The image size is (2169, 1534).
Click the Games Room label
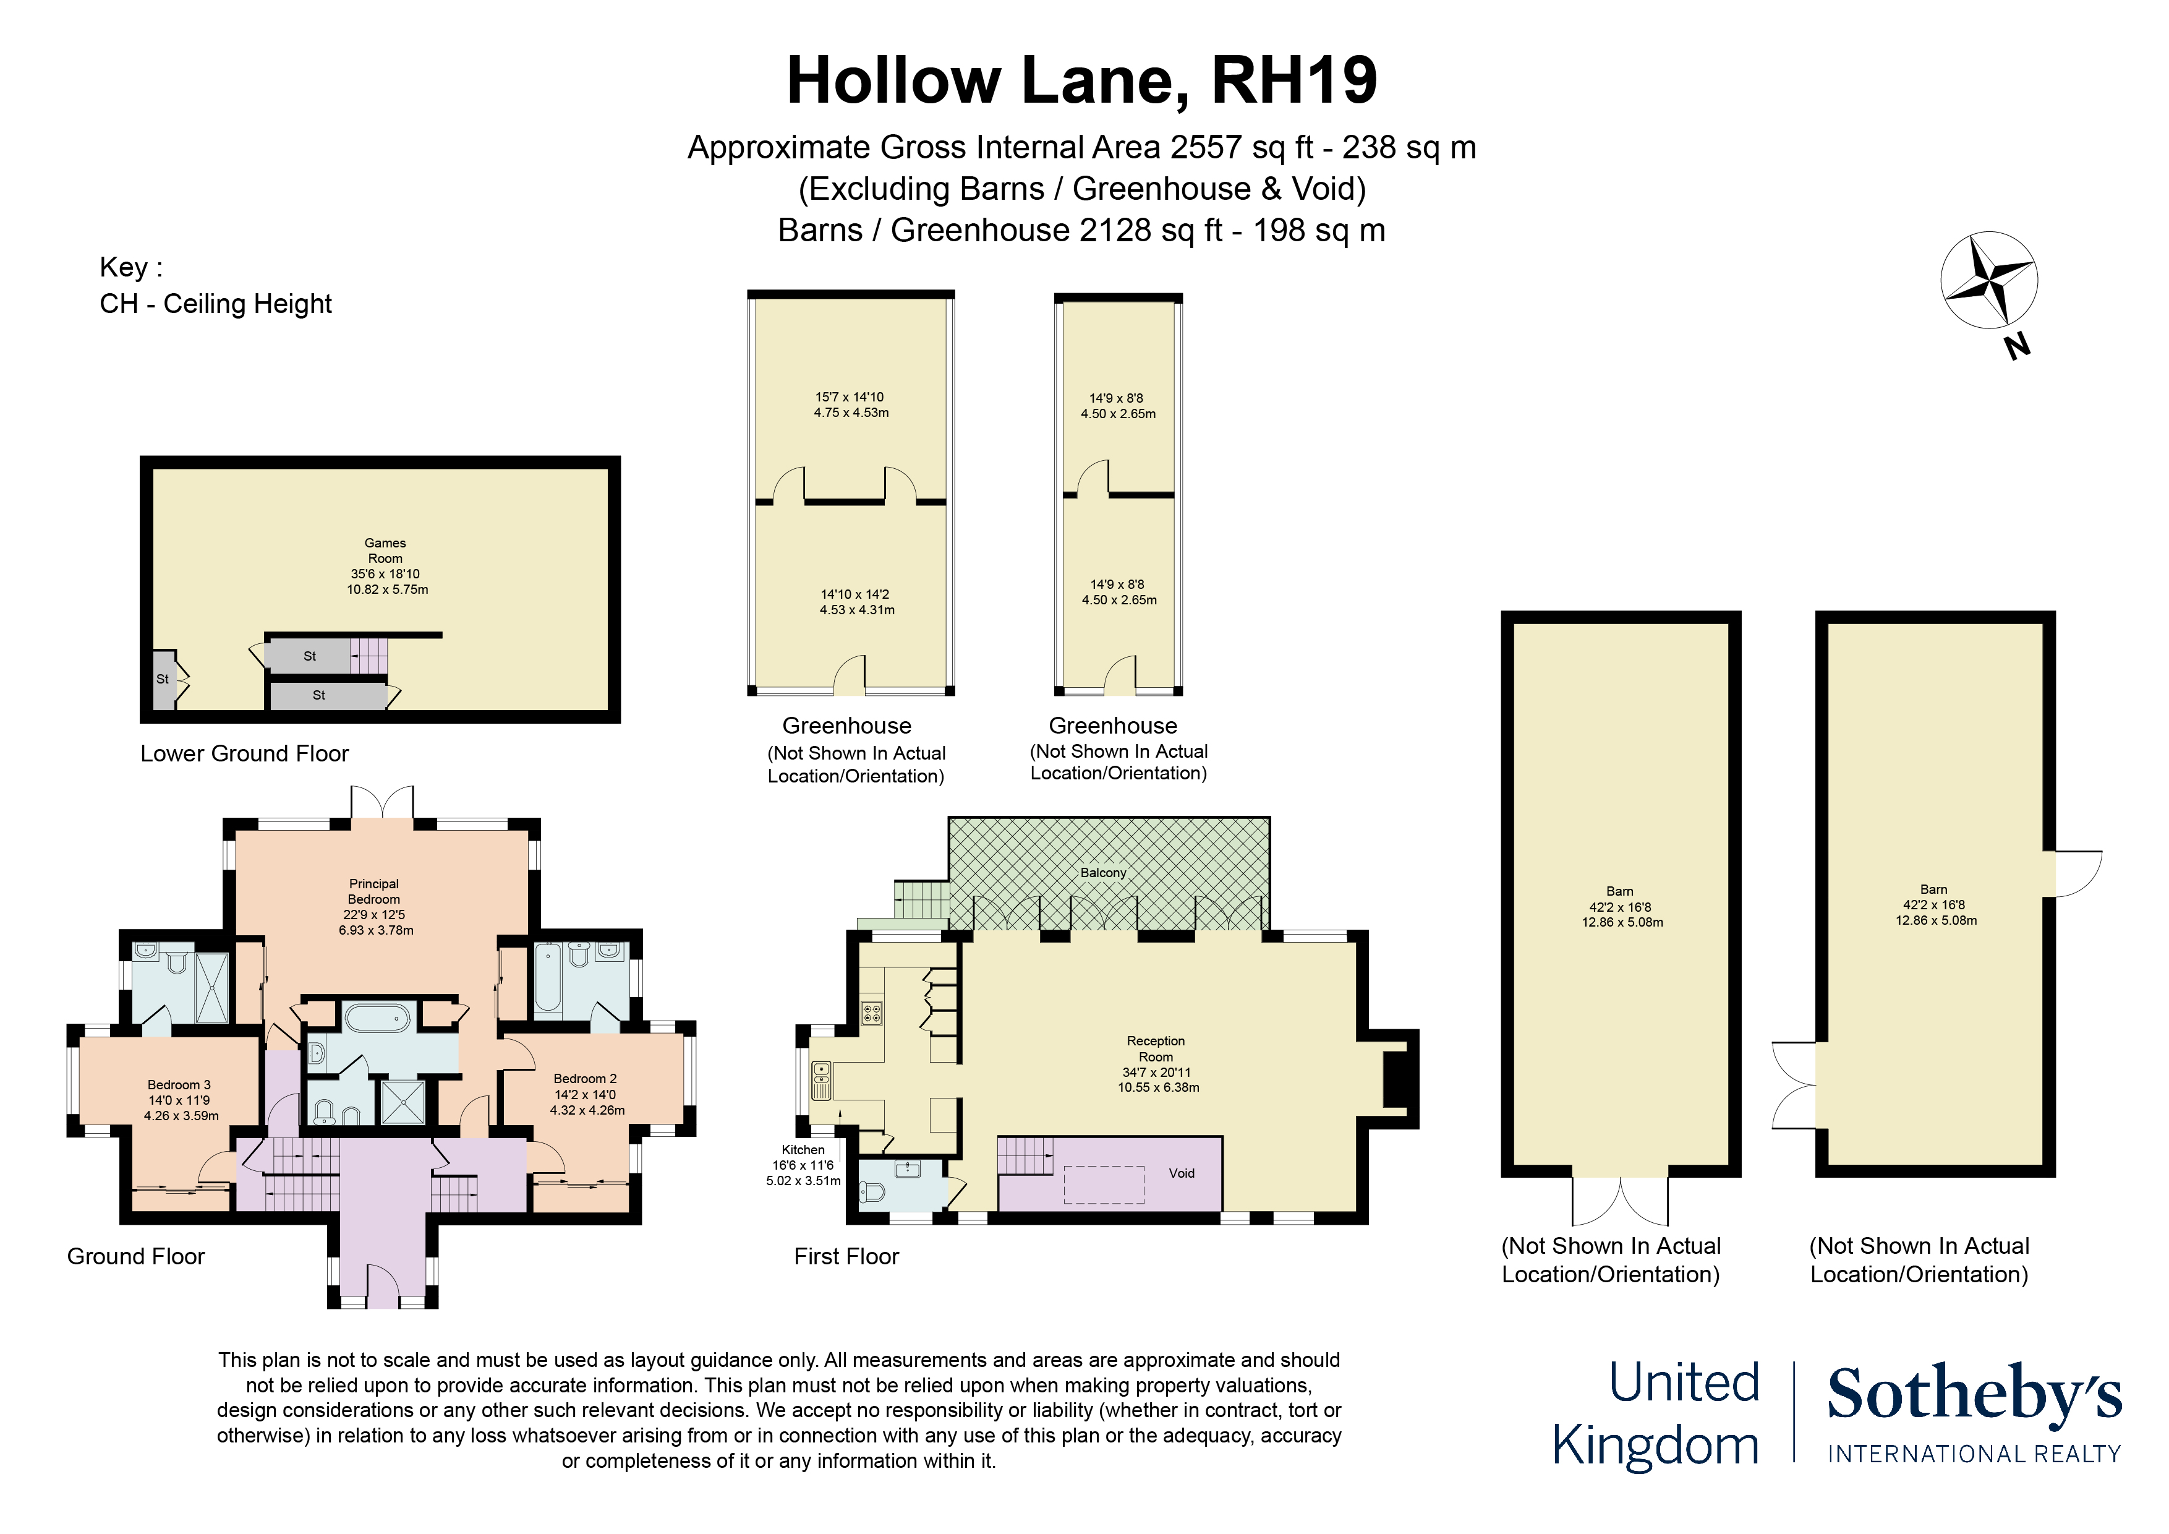(x=385, y=550)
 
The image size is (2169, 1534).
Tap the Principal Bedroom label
(x=374, y=891)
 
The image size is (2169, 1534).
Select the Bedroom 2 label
(x=586, y=1078)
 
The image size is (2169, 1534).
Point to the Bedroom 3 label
(x=179, y=1084)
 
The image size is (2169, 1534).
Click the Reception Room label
(x=1156, y=1048)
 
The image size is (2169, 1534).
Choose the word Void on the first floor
(x=1182, y=1173)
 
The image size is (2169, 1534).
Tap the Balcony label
(x=1104, y=872)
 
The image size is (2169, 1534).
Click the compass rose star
(x=1988, y=280)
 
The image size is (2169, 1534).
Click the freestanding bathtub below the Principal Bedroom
(x=377, y=1018)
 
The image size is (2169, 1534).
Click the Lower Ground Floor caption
(x=245, y=753)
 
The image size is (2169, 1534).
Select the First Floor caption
(x=846, y=1256)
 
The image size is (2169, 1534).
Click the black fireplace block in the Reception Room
(x=1396, y=1078)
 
